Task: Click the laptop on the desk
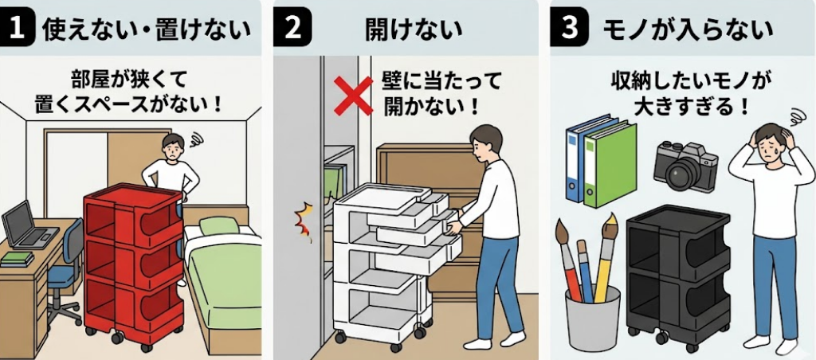coord(26,227)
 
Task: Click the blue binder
coord(576,159)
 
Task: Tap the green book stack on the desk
coord(17,259)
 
